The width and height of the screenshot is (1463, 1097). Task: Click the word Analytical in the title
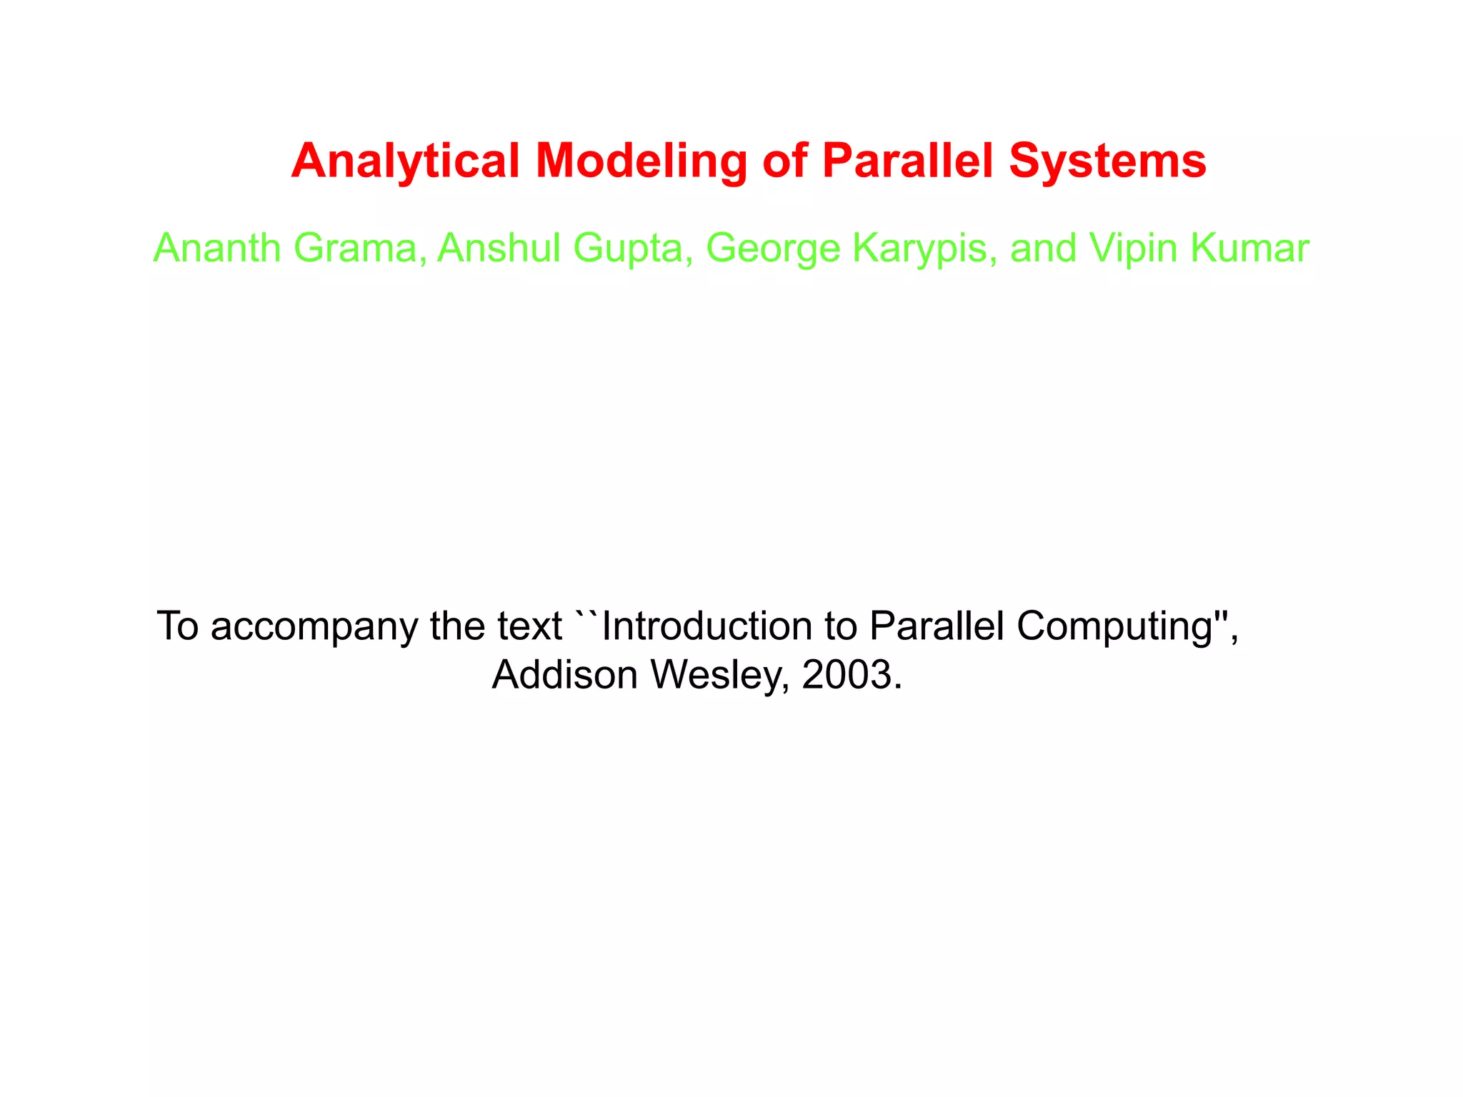(405, 161)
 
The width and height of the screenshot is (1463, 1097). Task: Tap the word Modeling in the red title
(641, 161)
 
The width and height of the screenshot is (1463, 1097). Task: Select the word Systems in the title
(1107, 161)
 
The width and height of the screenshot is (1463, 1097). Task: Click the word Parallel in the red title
(907, 161)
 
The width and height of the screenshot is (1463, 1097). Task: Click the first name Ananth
(217, 249)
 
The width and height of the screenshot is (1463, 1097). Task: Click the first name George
(772, 249)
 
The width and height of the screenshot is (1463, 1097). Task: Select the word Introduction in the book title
(706, 626)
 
